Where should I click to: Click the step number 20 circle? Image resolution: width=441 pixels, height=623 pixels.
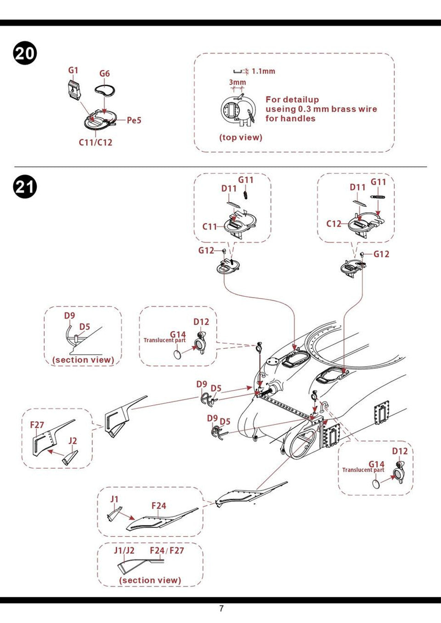pyautogui.click(x=25, y=53)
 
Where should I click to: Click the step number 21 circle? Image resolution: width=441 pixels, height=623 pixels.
pyautogui.click(x=25, y=187)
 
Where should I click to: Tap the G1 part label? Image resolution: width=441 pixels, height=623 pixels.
pyautogui.click(x=73, y=70)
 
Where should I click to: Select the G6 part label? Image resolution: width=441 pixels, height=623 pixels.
pyautogui.click(x=105, y=74)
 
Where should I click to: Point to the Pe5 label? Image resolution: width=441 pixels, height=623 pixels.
pyautogui.click(x=134, y=120)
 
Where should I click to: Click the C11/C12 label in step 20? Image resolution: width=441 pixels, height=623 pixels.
pyautogui.click(x=96, y=142)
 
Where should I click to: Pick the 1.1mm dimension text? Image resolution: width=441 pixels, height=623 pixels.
pyautogui.click(x=263, y=71)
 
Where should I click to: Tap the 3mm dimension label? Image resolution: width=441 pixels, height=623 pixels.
pyautogui.click(x=237, y=82)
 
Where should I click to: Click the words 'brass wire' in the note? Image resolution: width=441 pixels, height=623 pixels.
pyautogui.click(x=354, y=109)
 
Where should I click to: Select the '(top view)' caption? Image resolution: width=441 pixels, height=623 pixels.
pyautogui.click(x=241, y=137)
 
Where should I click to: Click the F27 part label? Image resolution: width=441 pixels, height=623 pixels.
pyautogui.click(x=37, y=425)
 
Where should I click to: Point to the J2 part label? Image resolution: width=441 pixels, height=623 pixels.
pyautogui.click(x=73, y=441)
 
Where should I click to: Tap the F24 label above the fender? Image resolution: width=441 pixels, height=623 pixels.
pyautogui.click(x=158, y=506)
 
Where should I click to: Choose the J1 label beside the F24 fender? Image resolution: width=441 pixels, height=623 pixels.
pyautogui.click(x=114, y=499)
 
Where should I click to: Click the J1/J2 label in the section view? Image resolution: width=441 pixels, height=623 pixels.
pyautogui.click(x=124, y=550)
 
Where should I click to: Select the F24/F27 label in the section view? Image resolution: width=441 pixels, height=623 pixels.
pyautogui.click(x=167, y=550)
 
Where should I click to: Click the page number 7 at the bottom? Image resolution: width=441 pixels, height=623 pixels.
pyautogui.click(x=221, y=609)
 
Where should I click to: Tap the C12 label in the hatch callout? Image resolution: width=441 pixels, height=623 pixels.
pyautogui.click(x=334, y=224)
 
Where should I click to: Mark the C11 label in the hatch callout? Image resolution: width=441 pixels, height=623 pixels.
pyautogui.click(x=210, y=227)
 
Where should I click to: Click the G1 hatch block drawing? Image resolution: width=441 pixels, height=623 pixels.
pyautogui.click(x=73, y=89)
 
